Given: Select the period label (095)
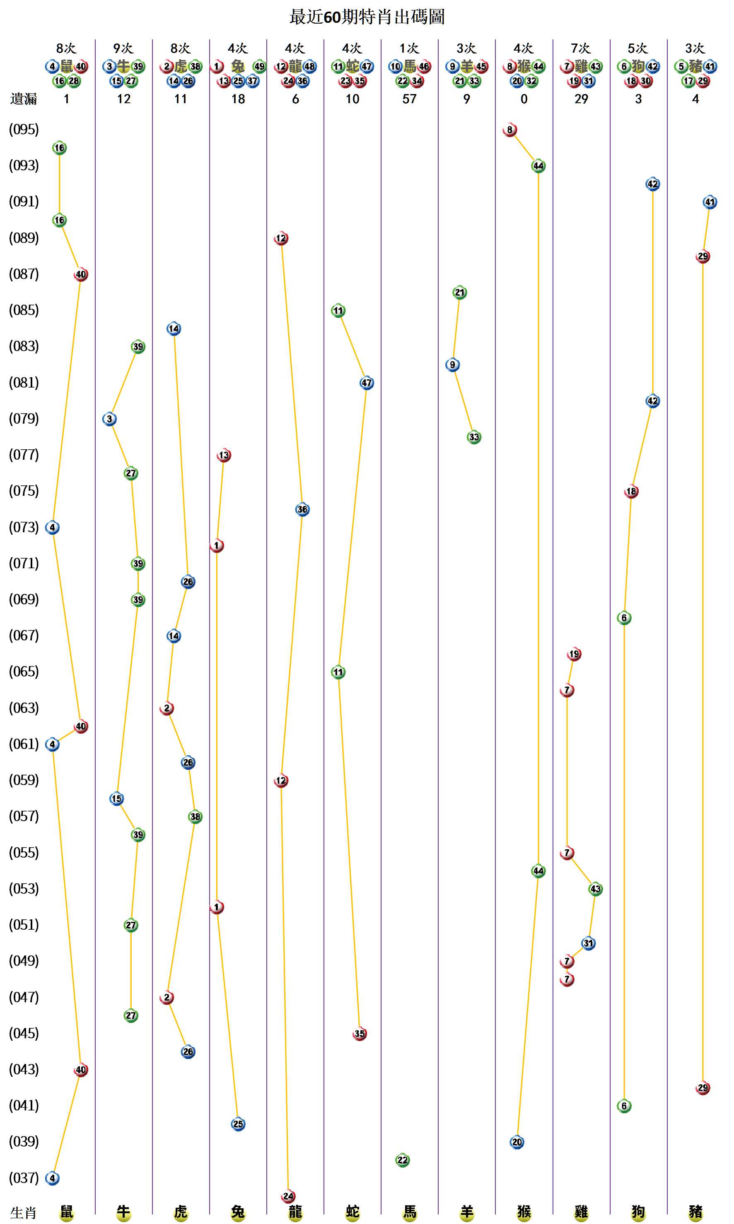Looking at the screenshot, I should click(24, 129).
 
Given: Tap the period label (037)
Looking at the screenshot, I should click(24, 1178).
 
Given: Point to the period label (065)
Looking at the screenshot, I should click(24, 671).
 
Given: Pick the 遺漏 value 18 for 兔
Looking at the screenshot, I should click(238, 99).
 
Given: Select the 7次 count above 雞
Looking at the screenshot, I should click(581, 48).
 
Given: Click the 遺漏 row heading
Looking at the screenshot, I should click(23, 99).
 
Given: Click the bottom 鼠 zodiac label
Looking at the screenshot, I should click(66, 1212).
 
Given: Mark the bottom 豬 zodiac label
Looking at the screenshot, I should click(695, 1212).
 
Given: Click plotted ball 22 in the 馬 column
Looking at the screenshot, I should click(403, 1160).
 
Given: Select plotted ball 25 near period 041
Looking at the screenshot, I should click(238, 1124).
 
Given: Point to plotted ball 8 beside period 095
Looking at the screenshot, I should click(509, 130).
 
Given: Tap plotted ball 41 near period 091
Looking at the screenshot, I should click(710, 202).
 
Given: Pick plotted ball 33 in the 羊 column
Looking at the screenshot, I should click(474, 437).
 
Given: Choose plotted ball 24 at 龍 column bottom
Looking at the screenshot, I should click(288, 1196).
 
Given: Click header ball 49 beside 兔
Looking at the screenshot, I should click(259, 66).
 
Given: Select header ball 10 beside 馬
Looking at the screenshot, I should click(395, 66).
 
